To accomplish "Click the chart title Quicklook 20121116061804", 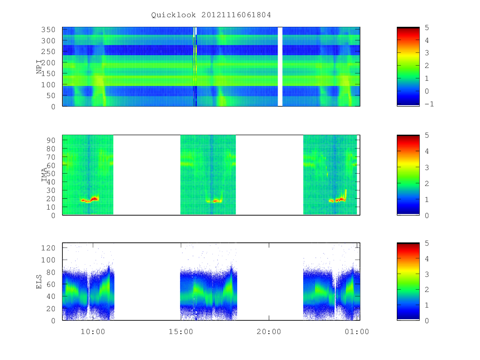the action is (x=211, y=15).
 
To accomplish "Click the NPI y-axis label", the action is (x=39, y=67).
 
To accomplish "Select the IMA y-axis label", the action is (x=44, y=175).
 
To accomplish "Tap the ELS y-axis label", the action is (x=39, y=282).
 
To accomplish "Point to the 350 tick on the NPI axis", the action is (x=48, y=30).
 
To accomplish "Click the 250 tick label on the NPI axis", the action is (x=48, y=52).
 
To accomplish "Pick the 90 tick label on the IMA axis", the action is (x=51, y=140).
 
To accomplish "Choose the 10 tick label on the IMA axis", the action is (x=51, y=207).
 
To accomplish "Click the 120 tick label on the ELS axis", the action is (x=48, y=248).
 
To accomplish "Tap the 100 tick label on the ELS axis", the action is (x=48, y=260).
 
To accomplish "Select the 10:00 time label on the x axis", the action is (x=93, y=332).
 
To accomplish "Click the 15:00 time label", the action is (x=181, y=332).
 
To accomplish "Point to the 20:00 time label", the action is (x=269, y=332).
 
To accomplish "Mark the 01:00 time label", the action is (x=357, y=332).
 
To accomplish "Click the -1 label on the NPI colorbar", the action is (x=429, y=104).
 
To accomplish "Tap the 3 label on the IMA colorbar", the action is (x=427, y=168).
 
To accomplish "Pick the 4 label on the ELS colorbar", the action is (x=427, y=258).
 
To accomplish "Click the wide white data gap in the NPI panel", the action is (x=280, y=67).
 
